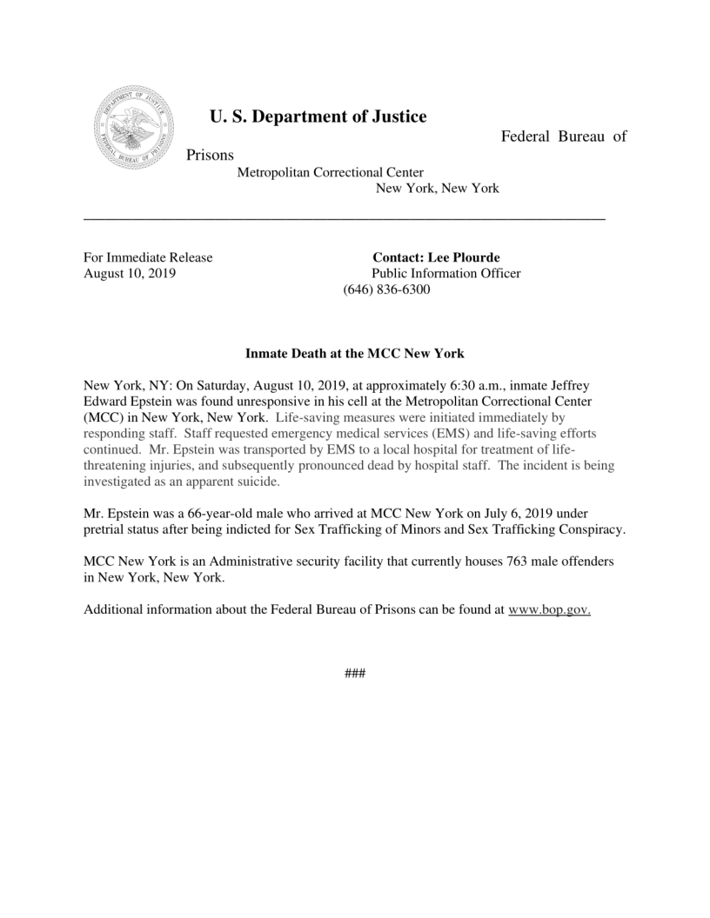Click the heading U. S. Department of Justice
click(318, 116)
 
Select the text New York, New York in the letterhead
click(437, 188)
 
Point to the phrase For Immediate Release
click(148, 257)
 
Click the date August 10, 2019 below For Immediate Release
click(130, 273)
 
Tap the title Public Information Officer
click(445, 273)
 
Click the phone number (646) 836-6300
click(387, 289)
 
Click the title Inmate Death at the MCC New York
click(355, 354)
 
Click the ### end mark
click(355, 675)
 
